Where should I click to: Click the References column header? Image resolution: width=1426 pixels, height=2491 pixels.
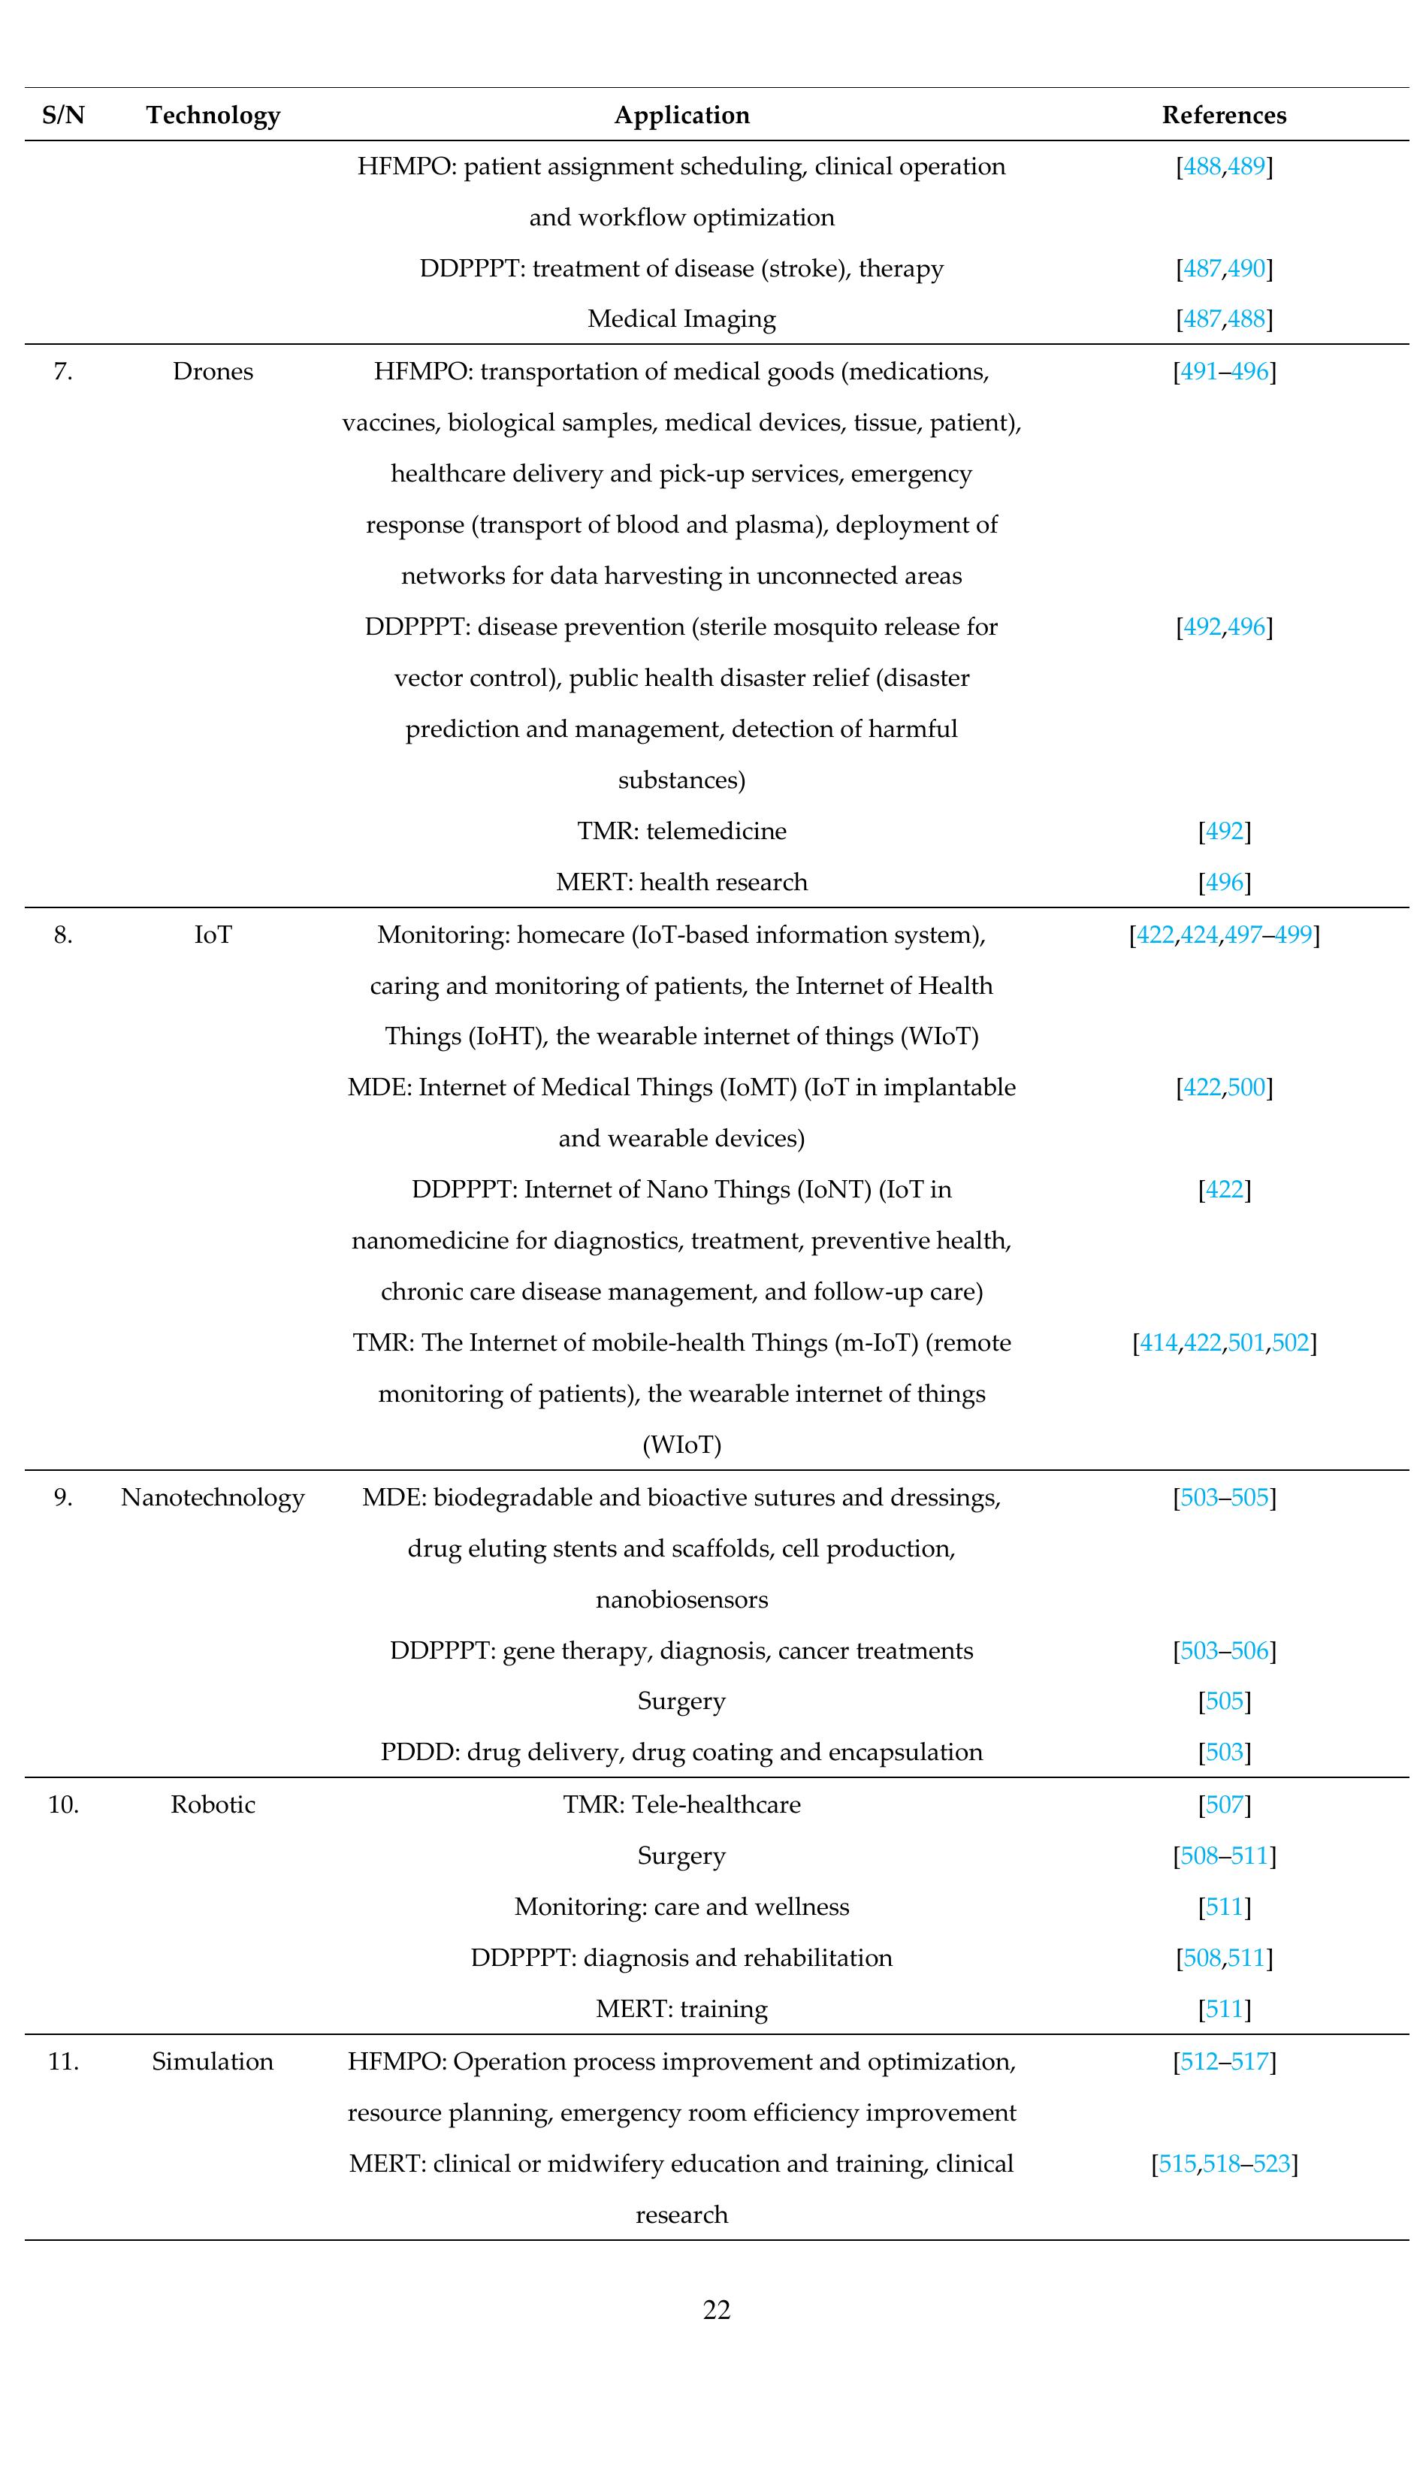pyautogui.click(x=1223, y=116)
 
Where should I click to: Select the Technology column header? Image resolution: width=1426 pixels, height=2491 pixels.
pyautogui.click(x=213, y=116)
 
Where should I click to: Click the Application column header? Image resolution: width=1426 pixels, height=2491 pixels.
pyautogui.click(x=681, y=116)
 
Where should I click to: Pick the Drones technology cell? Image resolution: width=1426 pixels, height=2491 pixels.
pyautogui.click(x=213, y=372)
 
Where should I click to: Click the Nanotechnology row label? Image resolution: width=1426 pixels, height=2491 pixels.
pyautogui.click(x=213, y=1498)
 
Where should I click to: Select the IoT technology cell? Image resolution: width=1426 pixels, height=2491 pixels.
pyautogui.click(x=213, y=935)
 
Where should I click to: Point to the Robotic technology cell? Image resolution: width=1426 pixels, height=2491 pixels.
pyautogui.click(x=213, y=1804)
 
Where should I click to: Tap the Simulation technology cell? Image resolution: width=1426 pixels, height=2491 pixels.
pyautogui.click(x=213, y=2061)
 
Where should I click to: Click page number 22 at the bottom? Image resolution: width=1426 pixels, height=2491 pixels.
pyautogui.click(x=717, y=2310)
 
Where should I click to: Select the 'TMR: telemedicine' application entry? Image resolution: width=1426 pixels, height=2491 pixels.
pyautogui.click(x=681, y=832)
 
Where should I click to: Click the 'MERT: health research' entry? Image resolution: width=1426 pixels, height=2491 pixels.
pyautogui.click(x=681, y=882)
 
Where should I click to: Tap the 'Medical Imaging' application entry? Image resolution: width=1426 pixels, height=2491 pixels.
pyautogui.click(x=681, y=319)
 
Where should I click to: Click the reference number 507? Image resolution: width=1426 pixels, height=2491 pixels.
pyautogui.click(x=1224, y=1804)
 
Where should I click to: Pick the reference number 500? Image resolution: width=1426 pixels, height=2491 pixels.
pyautogui.click(x=1246, y=1088)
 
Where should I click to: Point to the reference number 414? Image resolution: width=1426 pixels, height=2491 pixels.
pyautogui.click(x=1159, y=1342)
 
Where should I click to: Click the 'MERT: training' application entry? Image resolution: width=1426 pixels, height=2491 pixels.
pyautogui.click(x=681, y=2009)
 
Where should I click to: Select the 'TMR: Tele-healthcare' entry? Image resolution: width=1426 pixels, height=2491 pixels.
pyautogui.click(x=681, y=1804)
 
